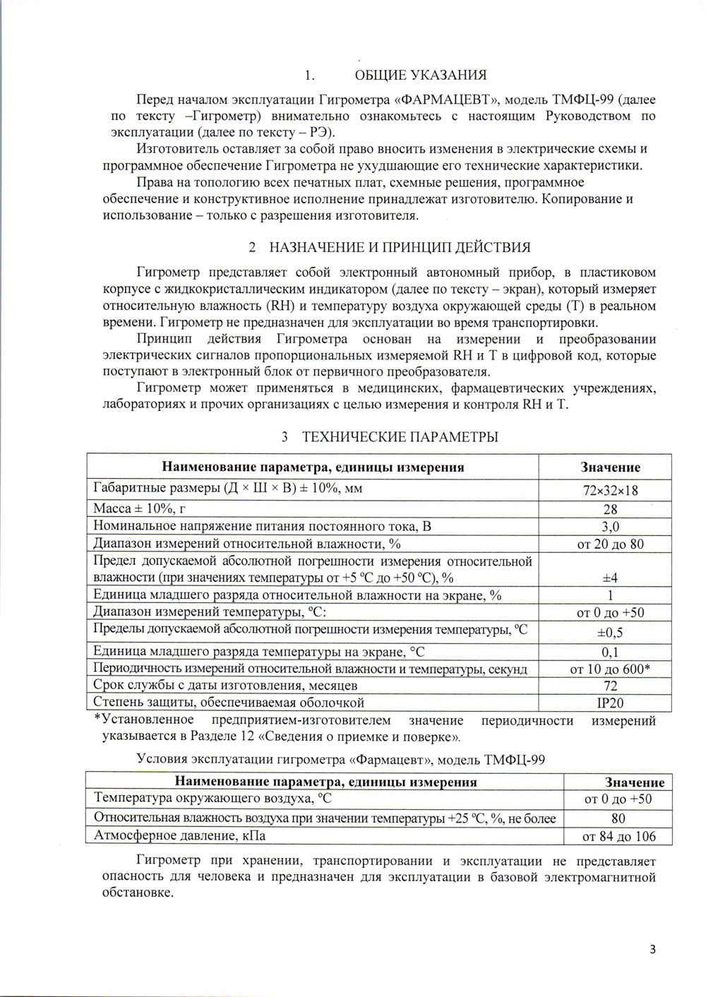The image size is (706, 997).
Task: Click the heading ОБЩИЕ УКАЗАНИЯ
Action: click(x=420, y=76)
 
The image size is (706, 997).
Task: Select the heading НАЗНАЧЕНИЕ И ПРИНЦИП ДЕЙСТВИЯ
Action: click(x=400, y=248)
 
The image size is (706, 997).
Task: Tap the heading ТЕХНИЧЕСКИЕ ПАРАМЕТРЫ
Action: click(x=400, y=437)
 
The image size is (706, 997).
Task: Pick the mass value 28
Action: click(x=611, y=509)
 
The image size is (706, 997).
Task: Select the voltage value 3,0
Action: click(x=611, y=527)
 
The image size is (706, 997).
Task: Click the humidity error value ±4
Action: click(x=611, y=578)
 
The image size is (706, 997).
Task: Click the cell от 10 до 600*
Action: click(x=611, y=669)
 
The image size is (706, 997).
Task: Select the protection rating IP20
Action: click(x=611, y=703)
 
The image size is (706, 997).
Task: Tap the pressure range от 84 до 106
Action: click(x=618, y=837)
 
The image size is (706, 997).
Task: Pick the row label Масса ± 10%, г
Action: click(x=140, y=509)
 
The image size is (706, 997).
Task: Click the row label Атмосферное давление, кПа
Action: click(x=179, y=836)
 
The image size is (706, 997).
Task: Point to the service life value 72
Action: click(x=611, y=686)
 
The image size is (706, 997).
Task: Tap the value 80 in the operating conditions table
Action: click(x=618, y=818)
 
